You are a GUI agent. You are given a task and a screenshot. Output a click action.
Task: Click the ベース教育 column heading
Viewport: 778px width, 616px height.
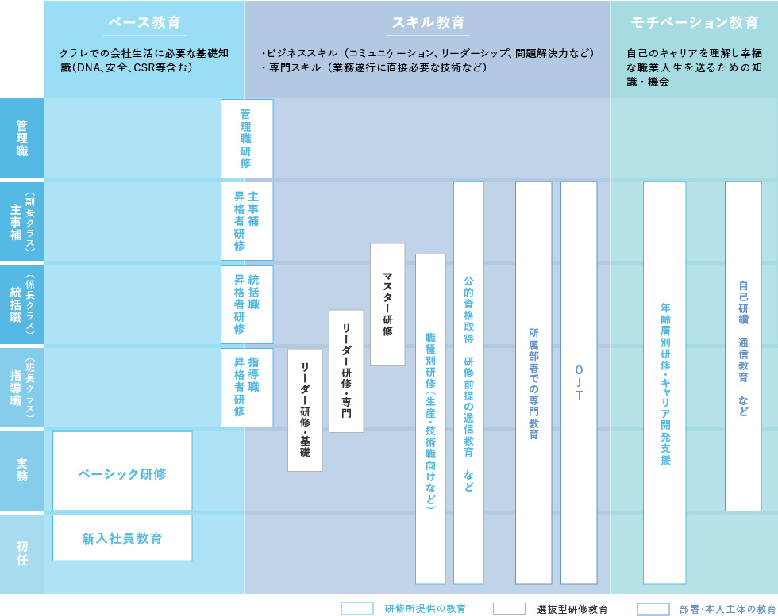(144, 23)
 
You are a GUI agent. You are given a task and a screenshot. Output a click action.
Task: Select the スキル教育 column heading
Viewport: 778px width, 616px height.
(428, 23)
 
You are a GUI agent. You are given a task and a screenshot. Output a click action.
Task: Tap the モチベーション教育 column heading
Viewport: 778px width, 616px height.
(694, 23)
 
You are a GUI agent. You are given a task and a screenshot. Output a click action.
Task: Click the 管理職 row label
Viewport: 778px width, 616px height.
(22, 138)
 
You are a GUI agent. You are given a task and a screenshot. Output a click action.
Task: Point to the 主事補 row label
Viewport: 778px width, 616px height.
(22, 221)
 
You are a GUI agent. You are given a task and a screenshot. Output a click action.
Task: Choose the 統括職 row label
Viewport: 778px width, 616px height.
(22, 304)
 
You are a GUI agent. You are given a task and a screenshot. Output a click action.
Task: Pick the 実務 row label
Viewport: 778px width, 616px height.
(22, 471)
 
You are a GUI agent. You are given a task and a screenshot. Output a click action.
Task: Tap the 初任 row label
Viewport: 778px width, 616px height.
(22, 553)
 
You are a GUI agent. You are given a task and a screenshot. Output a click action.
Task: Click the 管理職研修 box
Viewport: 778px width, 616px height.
(247, 139)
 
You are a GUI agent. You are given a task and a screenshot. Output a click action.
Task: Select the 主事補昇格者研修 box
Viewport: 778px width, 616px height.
(247, 221)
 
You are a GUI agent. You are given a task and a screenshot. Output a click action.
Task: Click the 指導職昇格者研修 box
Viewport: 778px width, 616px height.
(247, 388)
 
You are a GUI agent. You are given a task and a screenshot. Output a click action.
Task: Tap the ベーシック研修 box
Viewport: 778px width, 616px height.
(122, 471)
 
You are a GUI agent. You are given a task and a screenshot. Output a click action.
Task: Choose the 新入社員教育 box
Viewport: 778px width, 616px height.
(122, 538)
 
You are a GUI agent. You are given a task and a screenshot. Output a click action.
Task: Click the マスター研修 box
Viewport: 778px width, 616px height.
(387, 304)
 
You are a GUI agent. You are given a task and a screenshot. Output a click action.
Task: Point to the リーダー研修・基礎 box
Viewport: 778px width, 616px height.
(305, 411)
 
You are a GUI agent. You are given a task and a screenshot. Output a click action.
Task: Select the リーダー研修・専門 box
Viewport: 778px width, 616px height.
(346, 371)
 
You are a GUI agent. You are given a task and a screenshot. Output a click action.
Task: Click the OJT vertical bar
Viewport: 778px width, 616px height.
(579, 383)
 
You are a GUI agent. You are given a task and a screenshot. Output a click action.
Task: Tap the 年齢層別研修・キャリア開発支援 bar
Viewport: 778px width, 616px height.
(665, 383)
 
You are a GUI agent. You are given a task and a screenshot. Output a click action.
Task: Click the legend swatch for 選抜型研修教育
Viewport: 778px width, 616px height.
(509, 609)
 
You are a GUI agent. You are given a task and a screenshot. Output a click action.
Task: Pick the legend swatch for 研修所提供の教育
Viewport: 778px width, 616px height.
(357, 609)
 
